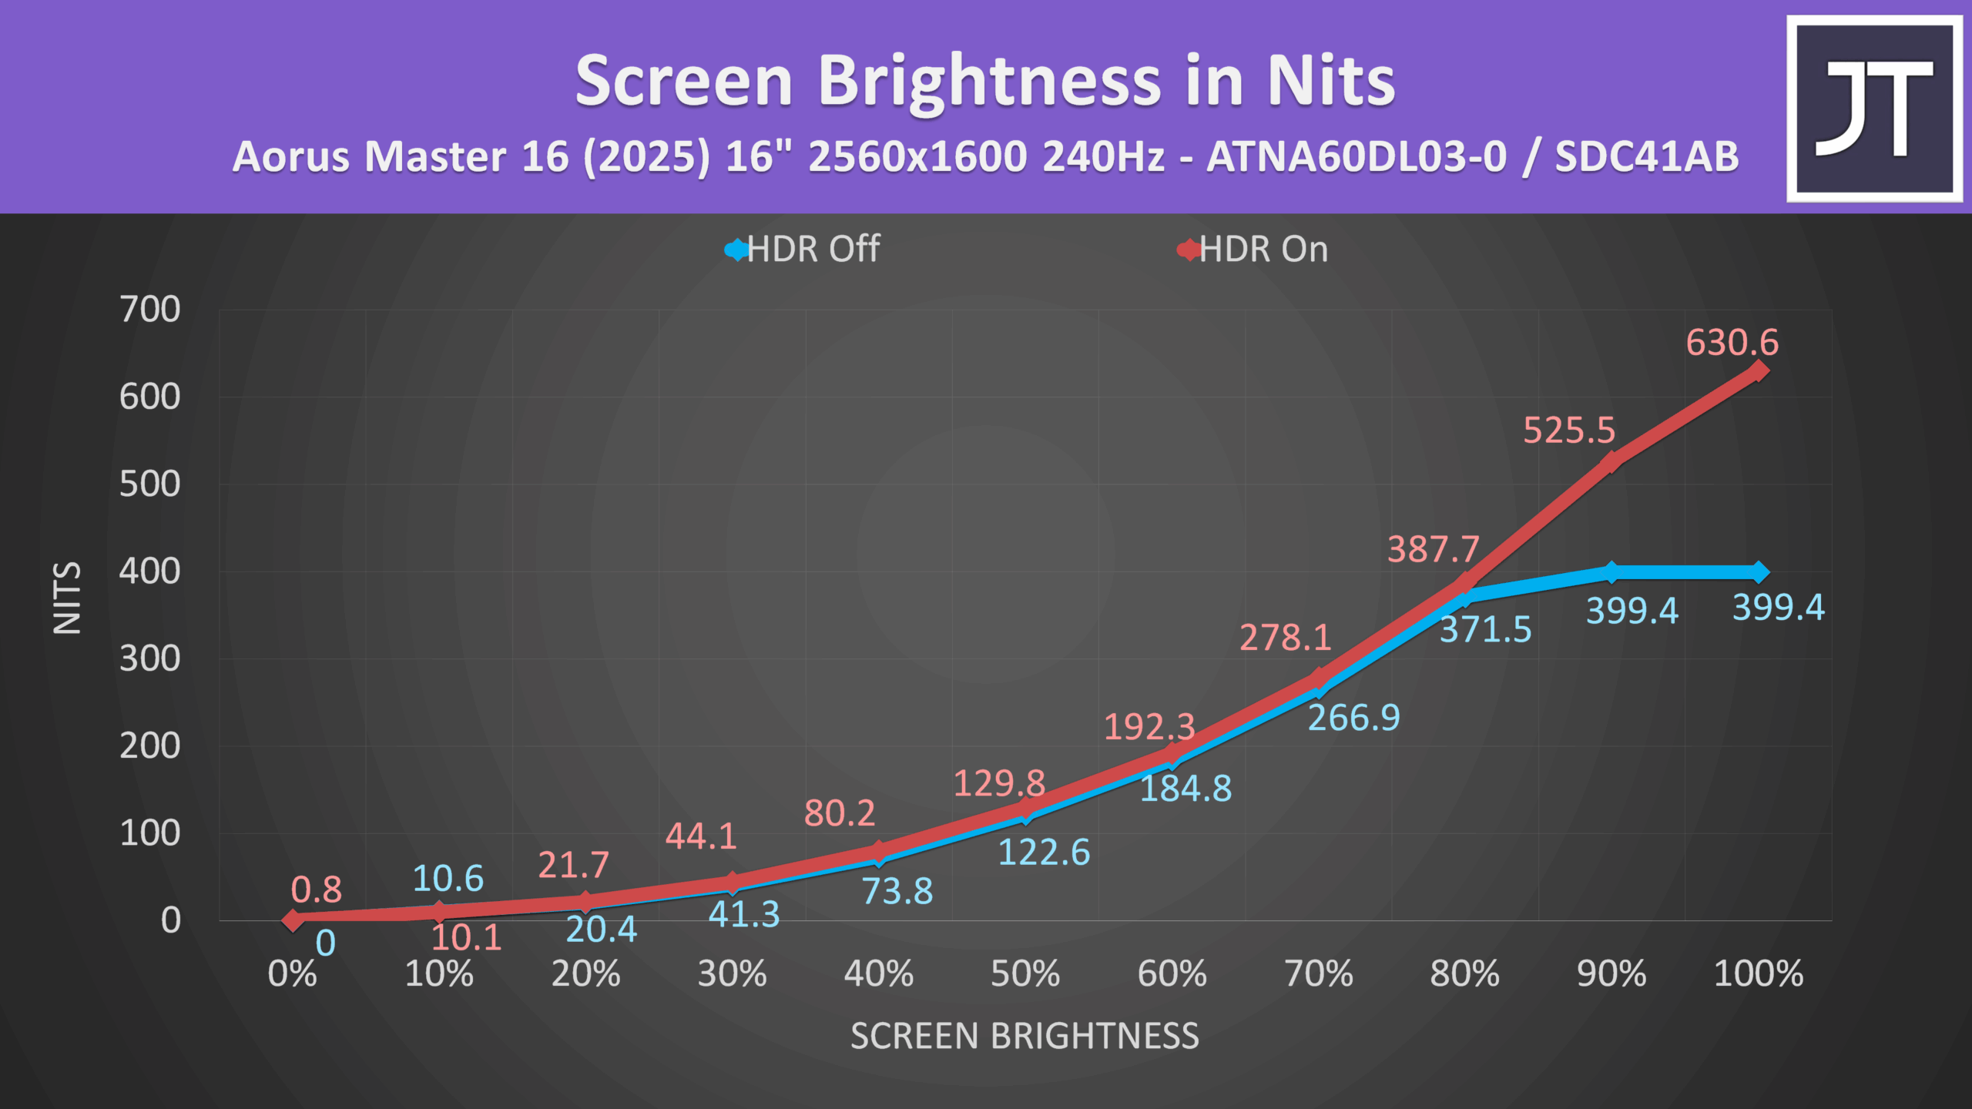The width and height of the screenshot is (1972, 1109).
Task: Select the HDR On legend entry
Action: coord(1253,250)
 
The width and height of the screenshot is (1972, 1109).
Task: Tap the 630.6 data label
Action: coord(1732,343)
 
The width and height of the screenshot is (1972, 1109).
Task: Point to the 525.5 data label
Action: coord(1569,431)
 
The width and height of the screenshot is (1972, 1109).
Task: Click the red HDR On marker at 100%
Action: coord(1759,371)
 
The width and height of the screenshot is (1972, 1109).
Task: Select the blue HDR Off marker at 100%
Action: coord(1759,572)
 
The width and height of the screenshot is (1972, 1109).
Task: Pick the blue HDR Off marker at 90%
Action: coord(1611,572)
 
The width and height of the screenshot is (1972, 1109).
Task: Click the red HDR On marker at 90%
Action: coord(1611,463)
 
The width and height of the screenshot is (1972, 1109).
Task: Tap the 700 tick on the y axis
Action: coord(150,310)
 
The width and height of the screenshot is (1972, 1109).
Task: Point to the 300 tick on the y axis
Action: coord(150,659)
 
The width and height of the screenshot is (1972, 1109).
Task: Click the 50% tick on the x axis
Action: coord(1025,974)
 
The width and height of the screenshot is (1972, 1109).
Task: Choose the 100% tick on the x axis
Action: coord(1759,974)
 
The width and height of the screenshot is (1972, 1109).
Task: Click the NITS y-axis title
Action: coord(67,598)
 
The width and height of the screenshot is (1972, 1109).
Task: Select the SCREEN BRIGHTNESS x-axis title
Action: coord(1025,1037)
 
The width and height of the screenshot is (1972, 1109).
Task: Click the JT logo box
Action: coord(1874,109)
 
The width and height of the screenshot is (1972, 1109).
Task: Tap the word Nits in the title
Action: coord(1331,81)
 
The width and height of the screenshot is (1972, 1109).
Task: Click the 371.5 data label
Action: coord(1486,630)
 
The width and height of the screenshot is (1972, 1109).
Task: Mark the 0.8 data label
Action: coord(317,890)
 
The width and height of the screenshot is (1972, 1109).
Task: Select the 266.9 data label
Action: coord(1354,719)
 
